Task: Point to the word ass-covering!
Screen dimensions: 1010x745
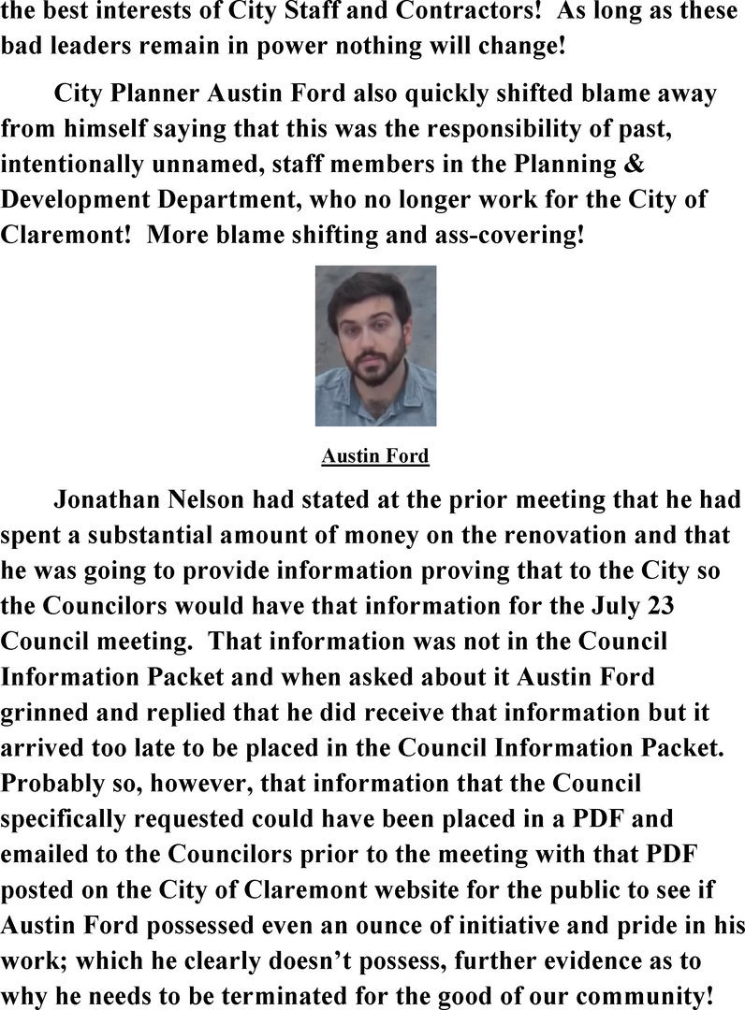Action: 511,232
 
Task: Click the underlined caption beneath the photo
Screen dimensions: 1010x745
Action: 374,456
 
